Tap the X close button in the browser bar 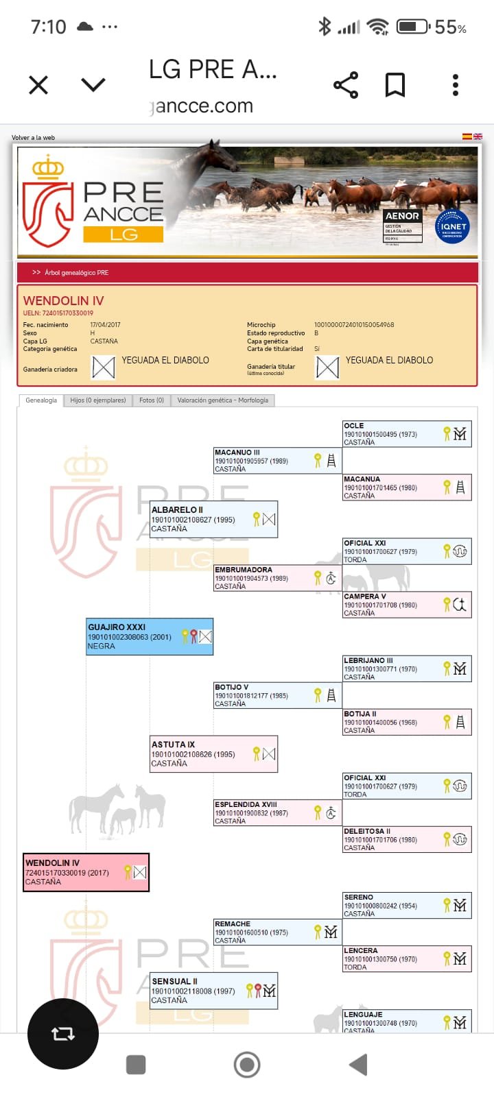pyautogui.click(x=38, y=85)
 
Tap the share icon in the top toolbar pyautogui.click(x=346, y=85)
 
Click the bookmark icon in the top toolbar pyautogui.click(x=395, y=85)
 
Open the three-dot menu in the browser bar pyautogui.click(x=456, y=85)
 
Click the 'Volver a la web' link pyautogui.click(x=33, y=138)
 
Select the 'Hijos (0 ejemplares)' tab pyautogui.click(x=98, y=400)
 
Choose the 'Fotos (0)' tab pyautogui.click(x=152, y=400)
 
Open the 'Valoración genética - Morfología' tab pyautogui.click(x=223, y=400)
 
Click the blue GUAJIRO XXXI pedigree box pyautogui.click(x=150, y=636)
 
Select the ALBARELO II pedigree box pyautogui.click(x=214, y=519)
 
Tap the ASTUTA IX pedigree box pyautogui.click(x=214, y=754)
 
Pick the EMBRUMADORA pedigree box pyautogui.click(x=277, y=578)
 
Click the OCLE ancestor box pyautogui.click(x=407, y=433)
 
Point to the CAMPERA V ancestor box pyautogui.click(x=407, y=605)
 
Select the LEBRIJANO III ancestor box pyautogui.click(x=407, y=668)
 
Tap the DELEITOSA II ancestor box pyautogui.click(x=407, y=839)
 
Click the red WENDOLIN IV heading pyautogui.click(x=64, y=301)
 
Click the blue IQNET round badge pyautogui.click(x=453, y=226)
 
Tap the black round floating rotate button pyautogui.click(x=63, y=1034)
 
